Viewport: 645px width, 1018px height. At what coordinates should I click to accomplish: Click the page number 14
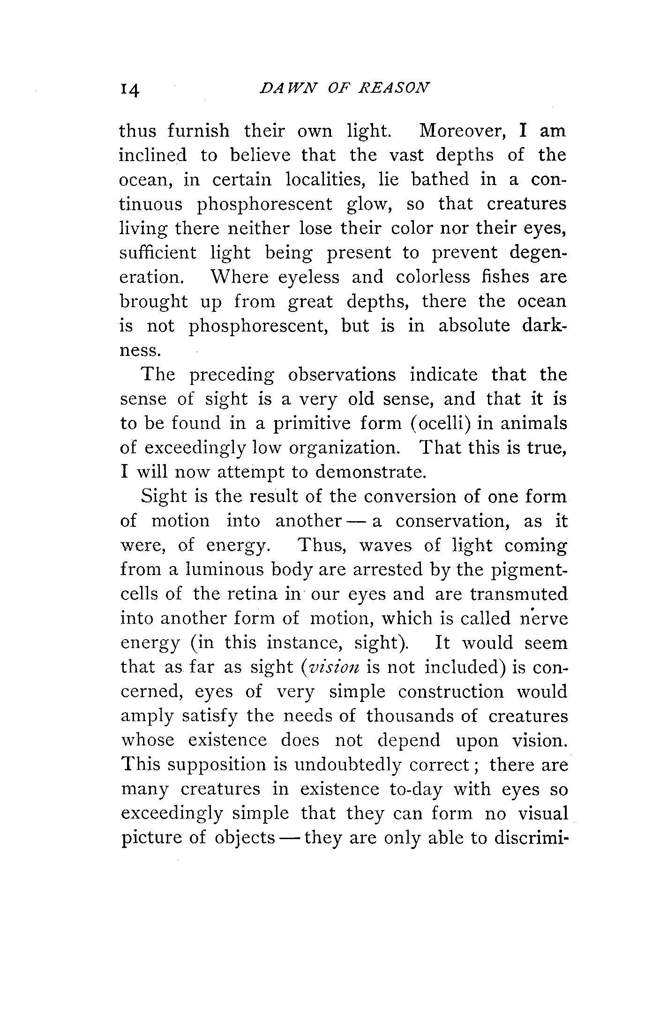coord(130,89)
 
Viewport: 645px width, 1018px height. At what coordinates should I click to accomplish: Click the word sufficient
coord(158,253)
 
